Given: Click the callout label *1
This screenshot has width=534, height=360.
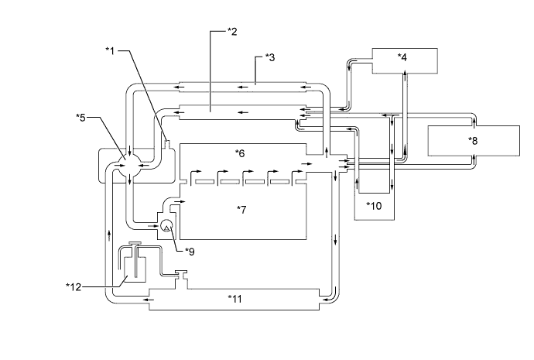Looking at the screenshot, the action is click(111, 51).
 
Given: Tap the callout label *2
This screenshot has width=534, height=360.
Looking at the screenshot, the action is click(232, 32).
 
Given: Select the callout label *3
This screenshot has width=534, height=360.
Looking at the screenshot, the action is click(270, 57).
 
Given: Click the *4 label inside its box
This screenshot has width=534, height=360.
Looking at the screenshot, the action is click(402, 57).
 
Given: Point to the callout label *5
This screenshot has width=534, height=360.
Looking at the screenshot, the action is click(80, 118).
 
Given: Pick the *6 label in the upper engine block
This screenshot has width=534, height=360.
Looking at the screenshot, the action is click(240, 153).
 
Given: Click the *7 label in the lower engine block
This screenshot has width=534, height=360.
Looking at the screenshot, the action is click(241, 210).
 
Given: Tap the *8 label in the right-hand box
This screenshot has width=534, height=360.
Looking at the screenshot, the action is click(473, 140).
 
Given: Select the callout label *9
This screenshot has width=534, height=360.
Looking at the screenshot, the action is click(190, 252).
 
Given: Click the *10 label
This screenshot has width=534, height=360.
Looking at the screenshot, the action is click(374, 205).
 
